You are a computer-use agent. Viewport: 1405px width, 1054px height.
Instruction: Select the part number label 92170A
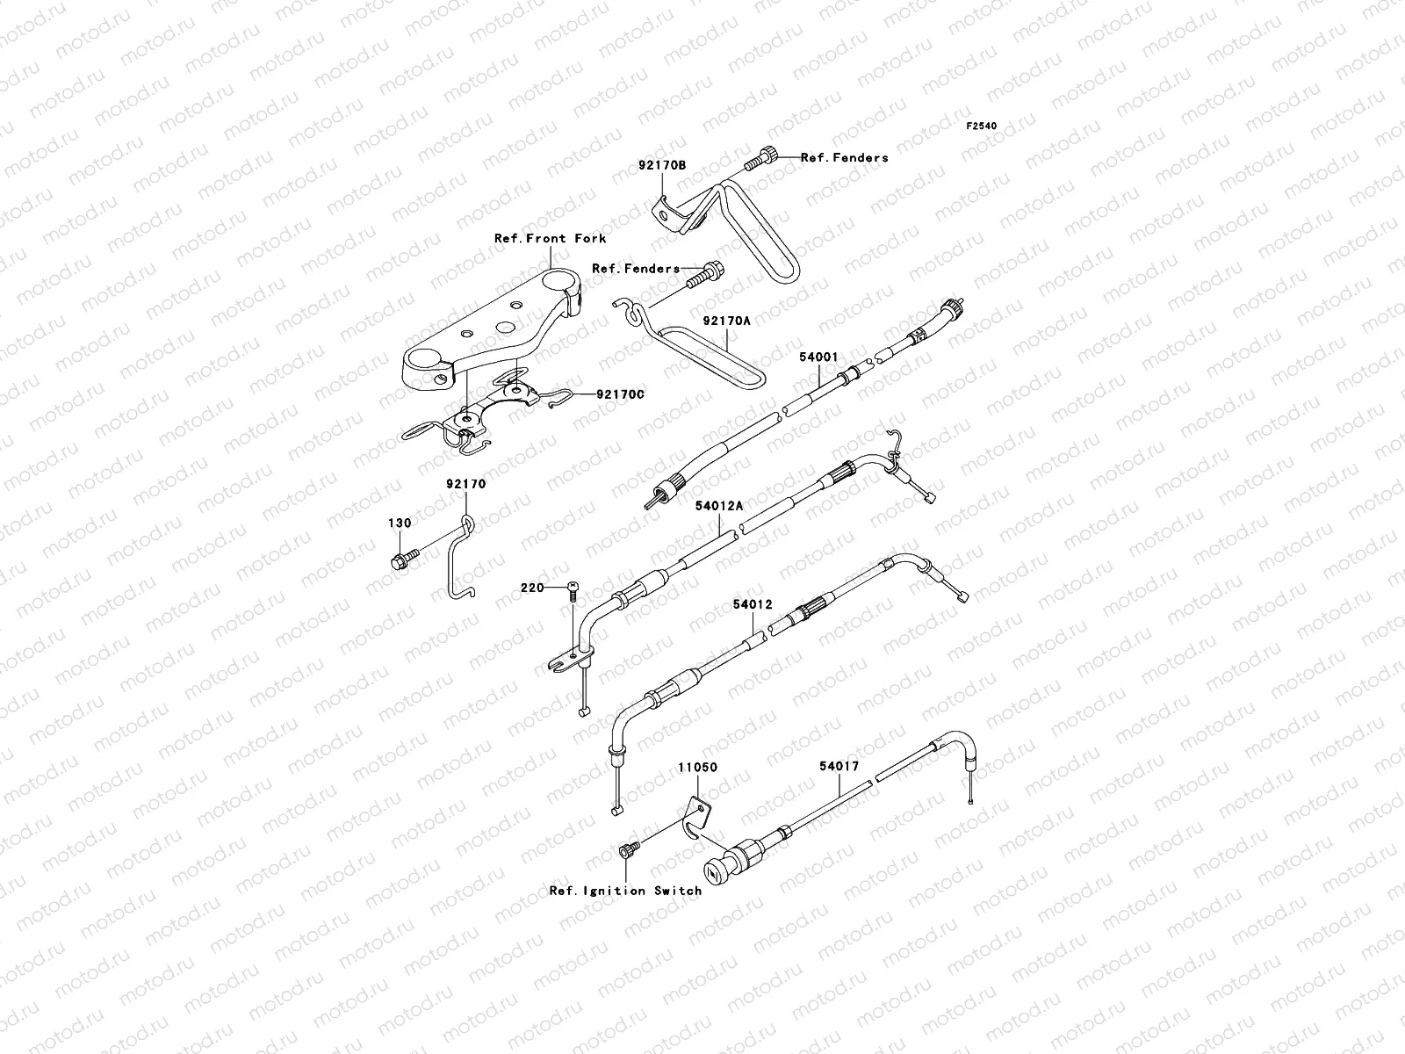[x=726, y=321]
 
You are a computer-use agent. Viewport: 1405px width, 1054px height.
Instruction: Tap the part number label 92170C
[x=620, y=394]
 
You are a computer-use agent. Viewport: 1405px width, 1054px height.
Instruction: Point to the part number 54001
[x=818, y=357]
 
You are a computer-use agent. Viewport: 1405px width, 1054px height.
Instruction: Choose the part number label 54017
[x=839, y=767]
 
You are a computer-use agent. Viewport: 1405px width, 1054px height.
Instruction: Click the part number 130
[x=400, y=523]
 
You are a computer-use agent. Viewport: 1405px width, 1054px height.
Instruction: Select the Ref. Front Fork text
[x=550, y=238]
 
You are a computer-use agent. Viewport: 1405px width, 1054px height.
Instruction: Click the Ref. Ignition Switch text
[x=625, y=891]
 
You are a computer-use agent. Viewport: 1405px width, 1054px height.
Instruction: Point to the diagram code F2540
[x=982, y=126]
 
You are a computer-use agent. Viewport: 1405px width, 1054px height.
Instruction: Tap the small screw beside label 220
[x=573, y=590]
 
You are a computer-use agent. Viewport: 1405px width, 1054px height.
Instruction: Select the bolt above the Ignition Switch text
[x=627, y=849]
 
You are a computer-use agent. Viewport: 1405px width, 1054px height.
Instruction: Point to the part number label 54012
[x=753, y=605]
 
